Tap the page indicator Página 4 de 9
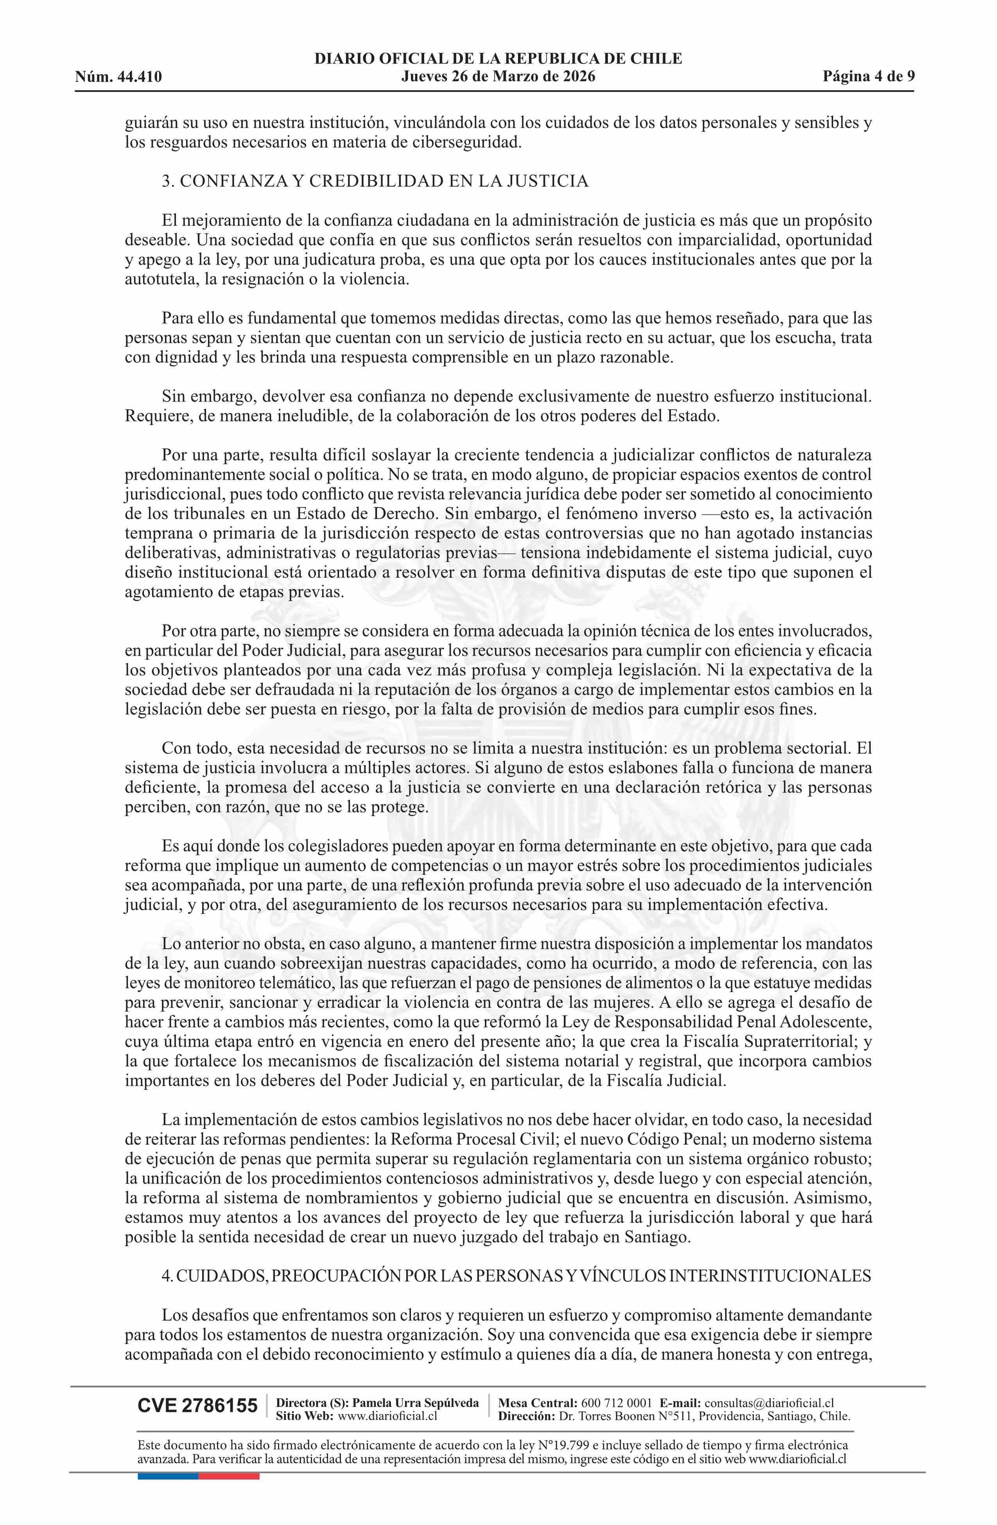click(869, 77)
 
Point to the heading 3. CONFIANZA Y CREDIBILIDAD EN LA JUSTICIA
click(375, 181)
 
